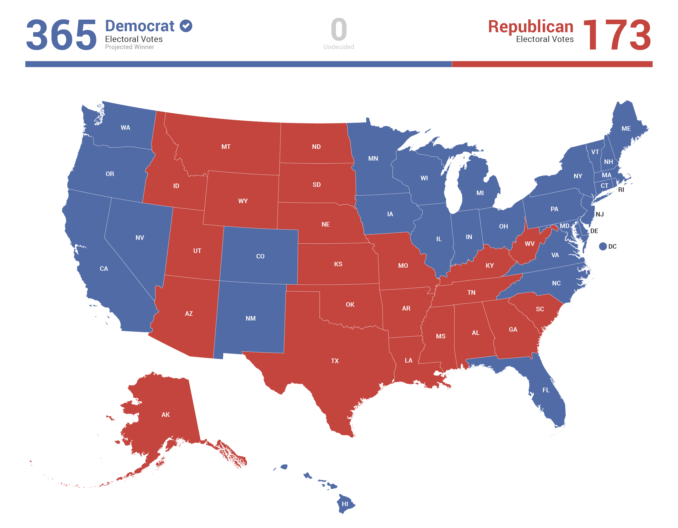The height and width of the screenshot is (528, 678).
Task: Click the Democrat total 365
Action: [61, 34]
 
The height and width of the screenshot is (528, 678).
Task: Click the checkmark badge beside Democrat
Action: [186, 26]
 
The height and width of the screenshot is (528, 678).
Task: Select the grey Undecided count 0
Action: [338, 29]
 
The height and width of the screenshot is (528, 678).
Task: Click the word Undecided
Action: [338, 47]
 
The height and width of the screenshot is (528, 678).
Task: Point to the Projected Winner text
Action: [130, 47]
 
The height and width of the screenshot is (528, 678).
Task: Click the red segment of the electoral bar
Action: [552, 64]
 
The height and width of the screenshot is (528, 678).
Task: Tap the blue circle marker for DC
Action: [603, 246]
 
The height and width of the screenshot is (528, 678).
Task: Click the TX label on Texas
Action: [335, 361]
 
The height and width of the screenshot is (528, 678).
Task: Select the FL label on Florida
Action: [546, 390]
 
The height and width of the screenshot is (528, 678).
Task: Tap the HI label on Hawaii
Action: [345, 504]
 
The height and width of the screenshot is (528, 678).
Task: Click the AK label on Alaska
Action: [165, 415]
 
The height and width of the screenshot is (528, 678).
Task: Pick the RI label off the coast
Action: [621, 190]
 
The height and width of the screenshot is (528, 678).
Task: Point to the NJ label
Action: [599, 214]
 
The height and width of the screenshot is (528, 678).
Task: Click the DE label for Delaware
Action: [594, 231]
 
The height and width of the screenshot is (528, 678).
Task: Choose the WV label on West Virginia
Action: [530, 244]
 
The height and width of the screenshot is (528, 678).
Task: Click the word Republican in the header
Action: [531, 26]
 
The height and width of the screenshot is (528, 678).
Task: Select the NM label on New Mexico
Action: [251, 319]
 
